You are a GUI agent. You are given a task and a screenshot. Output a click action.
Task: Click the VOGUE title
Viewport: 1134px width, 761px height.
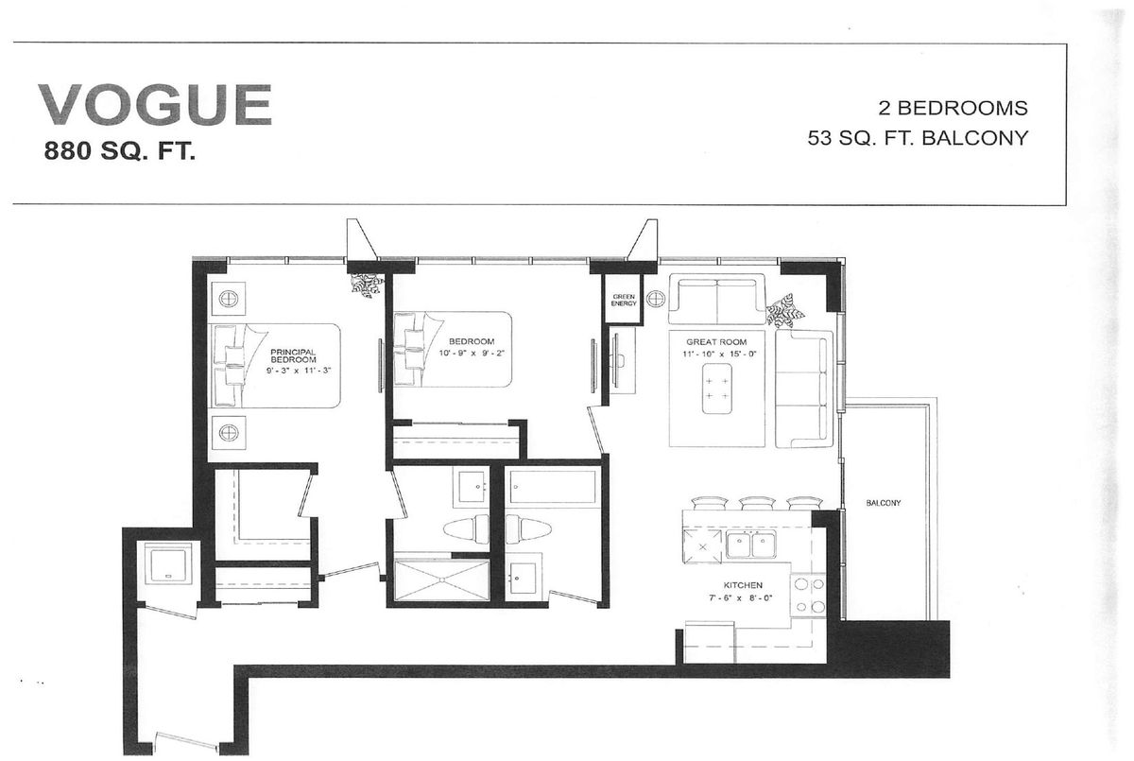click(x=155, y=105)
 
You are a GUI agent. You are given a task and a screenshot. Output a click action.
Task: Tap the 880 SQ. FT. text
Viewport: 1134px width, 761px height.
click(x=119, y=151)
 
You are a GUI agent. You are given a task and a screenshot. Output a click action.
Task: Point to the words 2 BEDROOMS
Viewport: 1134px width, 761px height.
click(x=953, y=108)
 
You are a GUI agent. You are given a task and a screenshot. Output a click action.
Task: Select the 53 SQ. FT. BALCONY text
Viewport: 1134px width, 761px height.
click(x=918, y=138)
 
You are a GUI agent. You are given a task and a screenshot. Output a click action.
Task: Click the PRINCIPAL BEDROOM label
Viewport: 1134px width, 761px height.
click(x=293, y=355)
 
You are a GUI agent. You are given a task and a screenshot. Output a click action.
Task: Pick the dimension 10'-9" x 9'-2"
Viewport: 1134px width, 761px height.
click(x=472, y=353)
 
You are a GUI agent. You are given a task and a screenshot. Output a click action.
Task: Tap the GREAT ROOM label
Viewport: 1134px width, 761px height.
click(x=716, y=342)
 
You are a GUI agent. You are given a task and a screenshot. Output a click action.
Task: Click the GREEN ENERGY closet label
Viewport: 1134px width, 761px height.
click(x=624, y=300)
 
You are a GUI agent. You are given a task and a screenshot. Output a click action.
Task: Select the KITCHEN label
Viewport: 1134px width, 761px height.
click(x=743, y=585)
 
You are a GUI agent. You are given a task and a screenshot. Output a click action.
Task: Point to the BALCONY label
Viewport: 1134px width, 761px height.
click(x=884, y=503)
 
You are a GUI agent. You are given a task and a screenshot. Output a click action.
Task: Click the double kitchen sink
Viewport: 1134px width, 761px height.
click(x=750, y=545)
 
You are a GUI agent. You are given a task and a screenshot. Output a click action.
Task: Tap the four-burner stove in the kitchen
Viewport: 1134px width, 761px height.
click(x=809, y=596)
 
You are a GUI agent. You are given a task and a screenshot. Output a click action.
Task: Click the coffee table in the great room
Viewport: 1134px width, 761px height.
click(x=717, y=389)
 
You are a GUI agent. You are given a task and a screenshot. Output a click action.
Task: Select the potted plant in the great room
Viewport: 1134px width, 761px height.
click(x=784, y=309)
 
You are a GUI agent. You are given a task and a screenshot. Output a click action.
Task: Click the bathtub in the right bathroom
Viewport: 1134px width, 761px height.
click(x=553, y=487)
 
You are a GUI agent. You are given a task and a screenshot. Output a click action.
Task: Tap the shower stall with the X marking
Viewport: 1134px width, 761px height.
click(x=441, y=579)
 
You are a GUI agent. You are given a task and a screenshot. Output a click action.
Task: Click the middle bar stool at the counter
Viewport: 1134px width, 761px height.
click(x=757, y=503)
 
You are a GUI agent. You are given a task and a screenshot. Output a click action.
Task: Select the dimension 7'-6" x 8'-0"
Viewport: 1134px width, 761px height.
click(x=741, y=597)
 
